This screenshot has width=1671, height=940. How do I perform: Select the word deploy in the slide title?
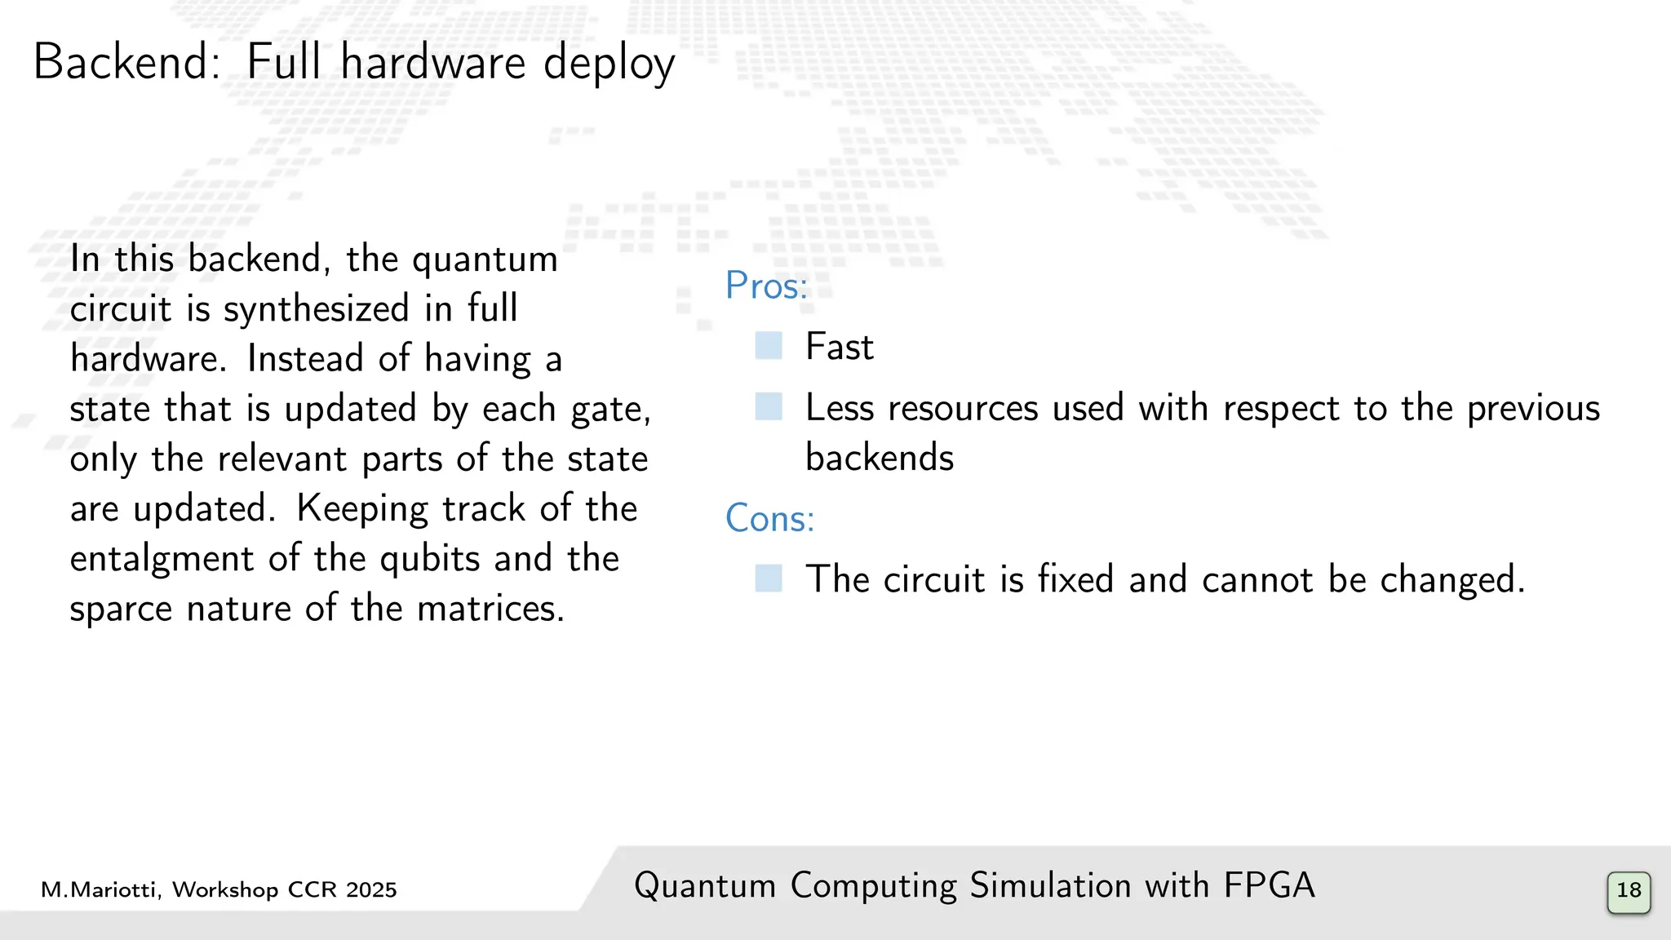coord(609,64)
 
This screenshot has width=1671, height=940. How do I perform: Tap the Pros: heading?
coord(766,286)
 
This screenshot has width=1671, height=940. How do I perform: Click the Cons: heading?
coord(769,518)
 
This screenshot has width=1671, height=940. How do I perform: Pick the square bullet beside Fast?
coord(769,346)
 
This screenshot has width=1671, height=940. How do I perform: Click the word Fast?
coord(839,347)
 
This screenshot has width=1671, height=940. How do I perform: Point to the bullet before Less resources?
coord(769,406)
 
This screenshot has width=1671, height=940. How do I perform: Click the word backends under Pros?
coord(879,458)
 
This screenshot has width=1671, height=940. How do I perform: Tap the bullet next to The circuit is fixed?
coord(769,579)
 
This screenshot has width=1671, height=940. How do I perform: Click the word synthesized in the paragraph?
coord(316,309)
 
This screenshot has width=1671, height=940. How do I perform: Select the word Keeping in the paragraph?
coord(361,509)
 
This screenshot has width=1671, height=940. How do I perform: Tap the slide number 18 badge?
coord(1629,892)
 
